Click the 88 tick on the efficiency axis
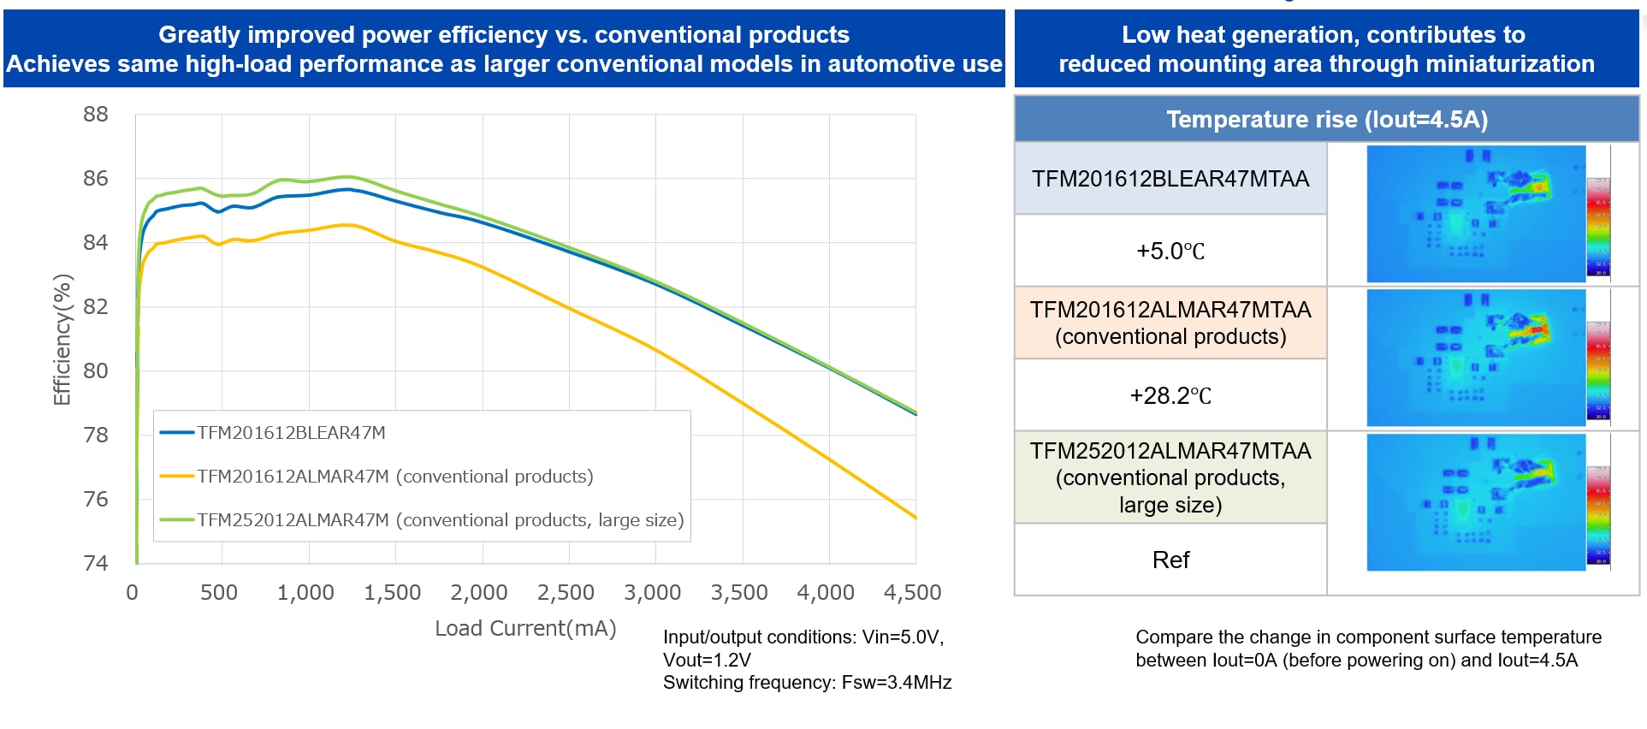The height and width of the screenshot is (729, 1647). coord(96,115)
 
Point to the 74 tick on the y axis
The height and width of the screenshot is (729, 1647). coord(96,563)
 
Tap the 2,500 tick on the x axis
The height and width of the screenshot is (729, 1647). coord(566,592)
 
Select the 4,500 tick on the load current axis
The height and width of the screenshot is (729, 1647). coord(912,592)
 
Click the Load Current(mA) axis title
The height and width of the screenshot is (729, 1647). coord(525,628)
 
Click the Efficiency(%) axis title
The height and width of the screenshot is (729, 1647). coord(62,340)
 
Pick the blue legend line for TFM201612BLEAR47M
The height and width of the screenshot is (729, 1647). coord(177,433)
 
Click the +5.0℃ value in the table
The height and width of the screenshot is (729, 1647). coord(1170,252)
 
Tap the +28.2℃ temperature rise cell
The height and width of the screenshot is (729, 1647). coord(1170,396)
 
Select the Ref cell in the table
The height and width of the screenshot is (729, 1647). coord(1170,560)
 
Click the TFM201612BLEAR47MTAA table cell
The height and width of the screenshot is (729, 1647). coord(1170,179)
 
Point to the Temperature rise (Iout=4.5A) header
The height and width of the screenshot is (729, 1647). coord(1326,119)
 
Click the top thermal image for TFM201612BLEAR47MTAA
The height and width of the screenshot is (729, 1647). coord(1475,214)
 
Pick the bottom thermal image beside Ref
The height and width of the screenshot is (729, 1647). coord(1475,502)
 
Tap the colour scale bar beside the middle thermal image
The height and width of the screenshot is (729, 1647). coord(1598,370)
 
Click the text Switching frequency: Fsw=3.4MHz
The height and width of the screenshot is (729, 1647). coord(807,683)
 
